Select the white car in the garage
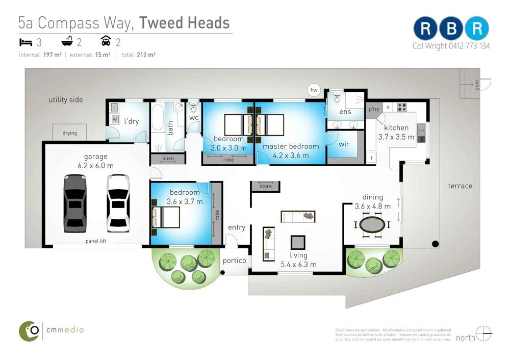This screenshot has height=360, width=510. click(x=118, y=203)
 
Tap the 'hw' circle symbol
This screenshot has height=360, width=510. click(x=314, y=90)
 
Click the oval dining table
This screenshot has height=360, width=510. click(x=372, y=224)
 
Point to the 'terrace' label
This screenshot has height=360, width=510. click(x=460, y=186)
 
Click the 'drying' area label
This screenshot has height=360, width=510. click(x=70, y=133)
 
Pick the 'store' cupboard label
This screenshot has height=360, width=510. click(x=266, y=186)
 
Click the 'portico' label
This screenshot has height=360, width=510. click(x=235, y=261)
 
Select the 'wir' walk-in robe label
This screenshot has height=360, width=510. click(x=344, y=144)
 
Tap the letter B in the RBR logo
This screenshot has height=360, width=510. click(x=451, y=29)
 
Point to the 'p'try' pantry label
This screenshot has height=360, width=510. click(x=374, y=110)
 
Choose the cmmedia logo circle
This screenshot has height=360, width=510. click(x=30, y=331)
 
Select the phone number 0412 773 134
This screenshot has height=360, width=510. click(x=469, y=46)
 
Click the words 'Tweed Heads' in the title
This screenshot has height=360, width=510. click(x=184, y=22)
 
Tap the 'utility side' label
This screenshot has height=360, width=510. click(x=66, y=100)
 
